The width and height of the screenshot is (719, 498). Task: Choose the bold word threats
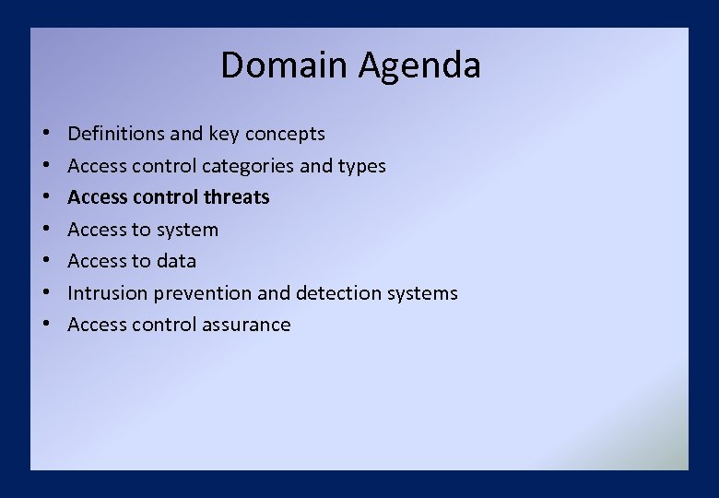pyautogui.click(x=237, y=197)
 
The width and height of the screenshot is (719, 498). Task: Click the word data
pyautogui.click(x=176, y=261)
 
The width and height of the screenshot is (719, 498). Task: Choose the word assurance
pyautogui.click(x=250, y=325)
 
